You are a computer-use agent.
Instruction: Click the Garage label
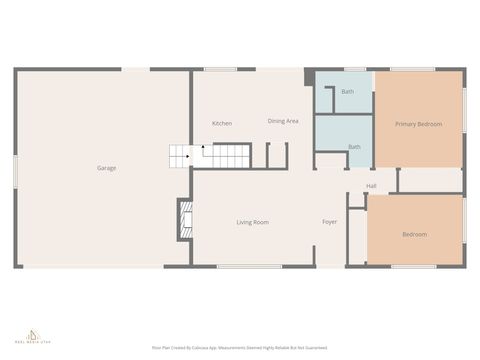106,168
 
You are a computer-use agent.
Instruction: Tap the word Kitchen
222,123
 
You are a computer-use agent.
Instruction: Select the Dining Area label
283,121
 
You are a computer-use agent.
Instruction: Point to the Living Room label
252,222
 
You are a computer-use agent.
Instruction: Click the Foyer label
330,222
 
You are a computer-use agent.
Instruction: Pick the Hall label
371,186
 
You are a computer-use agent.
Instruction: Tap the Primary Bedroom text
418,124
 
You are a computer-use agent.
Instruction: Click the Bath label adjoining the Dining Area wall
347,92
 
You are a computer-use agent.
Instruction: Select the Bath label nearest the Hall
354,147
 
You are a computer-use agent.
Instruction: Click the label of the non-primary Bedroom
414,234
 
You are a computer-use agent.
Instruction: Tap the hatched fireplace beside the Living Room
183,220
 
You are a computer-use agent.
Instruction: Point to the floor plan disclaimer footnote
239,347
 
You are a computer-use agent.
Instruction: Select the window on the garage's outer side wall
15,169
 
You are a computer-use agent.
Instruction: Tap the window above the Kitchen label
220,69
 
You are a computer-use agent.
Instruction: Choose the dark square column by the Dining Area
309,76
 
